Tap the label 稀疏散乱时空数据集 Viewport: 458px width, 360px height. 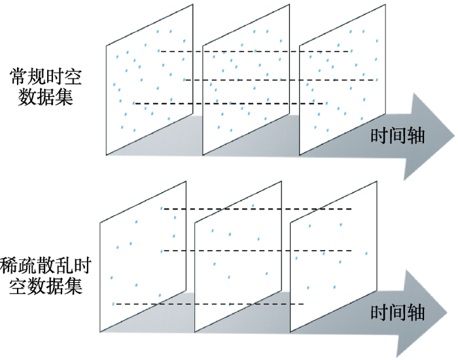click(x=45, y=276)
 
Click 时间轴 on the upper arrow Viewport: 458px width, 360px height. click(x=398, y=136)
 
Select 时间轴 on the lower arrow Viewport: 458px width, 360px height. click(x=398, y=312)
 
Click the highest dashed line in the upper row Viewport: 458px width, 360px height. click(x=255, y=52)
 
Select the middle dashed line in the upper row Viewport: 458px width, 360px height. click(x=281, y=80)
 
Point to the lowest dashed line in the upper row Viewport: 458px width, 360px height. click(x=229, y=103)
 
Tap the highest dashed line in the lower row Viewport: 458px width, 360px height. click(x=258, y=209)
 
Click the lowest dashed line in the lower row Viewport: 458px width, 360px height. click(x=209, y=304)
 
